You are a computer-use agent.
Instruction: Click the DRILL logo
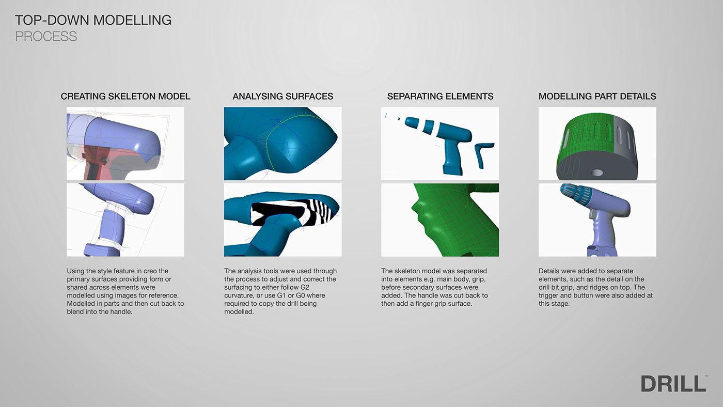pyautogui.click(x=674, y=383)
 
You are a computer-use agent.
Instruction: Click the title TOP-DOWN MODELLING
pyautogui.click(x=93, y=20)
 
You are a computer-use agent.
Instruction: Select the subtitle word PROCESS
pyautogui.click(x=46, y=36)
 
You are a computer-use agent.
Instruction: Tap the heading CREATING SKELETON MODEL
pyautogui.click(x=125, y=96)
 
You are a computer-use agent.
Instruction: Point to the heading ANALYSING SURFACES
pyautogui.click(x=283, y=96)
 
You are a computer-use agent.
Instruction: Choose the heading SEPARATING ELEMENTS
pyautogui.click(x=440, y=96)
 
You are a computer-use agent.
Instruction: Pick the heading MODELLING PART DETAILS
pyautogui.click(x=598, y=96)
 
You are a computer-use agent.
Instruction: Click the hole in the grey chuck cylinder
pyautogui.click(x=597, y=173)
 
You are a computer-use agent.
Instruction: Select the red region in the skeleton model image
pyautogui.click(x=97, y=161)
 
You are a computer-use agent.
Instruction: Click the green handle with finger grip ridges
pyautogui.click(x=452, y=223)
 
